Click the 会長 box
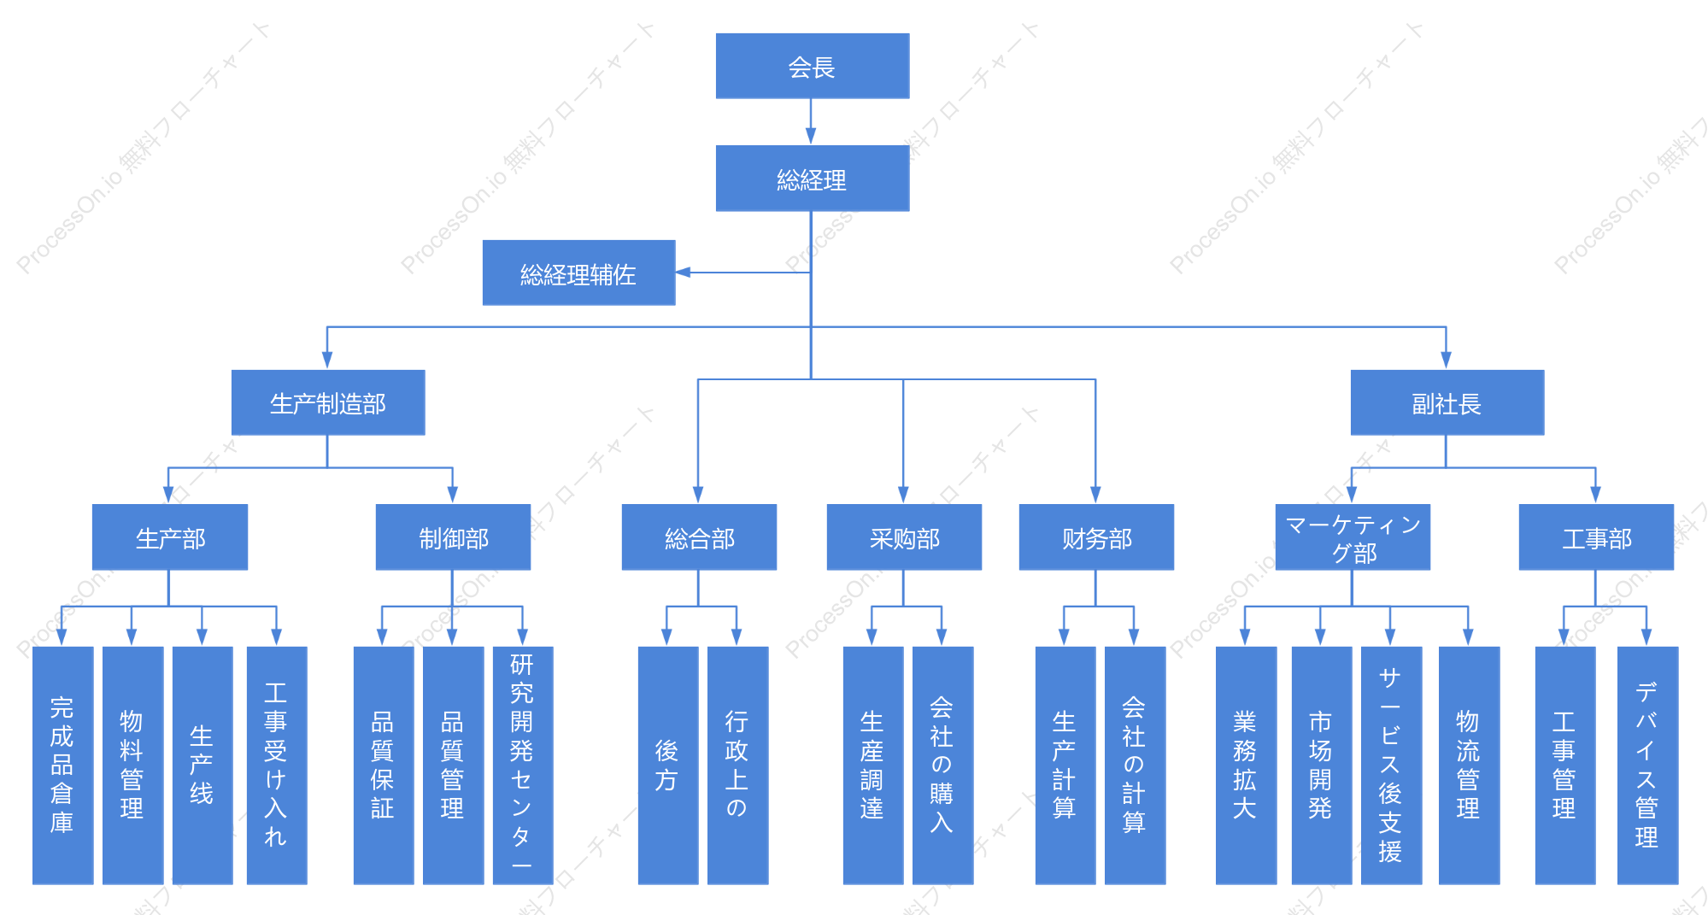812,66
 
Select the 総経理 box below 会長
812,178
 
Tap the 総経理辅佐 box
578,273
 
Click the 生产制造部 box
328,402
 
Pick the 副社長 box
1447,402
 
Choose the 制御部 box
453,537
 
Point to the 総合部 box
699,537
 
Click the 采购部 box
904,537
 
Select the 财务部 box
1096,537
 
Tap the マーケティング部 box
1353,537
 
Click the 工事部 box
1596,537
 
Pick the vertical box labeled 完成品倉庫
62,765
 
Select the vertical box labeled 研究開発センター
523,765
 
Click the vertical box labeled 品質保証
384,765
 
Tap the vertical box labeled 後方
668,765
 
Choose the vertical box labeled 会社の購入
942,765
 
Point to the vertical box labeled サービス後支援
1391,765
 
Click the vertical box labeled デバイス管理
1647,765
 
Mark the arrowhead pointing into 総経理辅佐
683,273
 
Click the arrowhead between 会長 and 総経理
811,137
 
